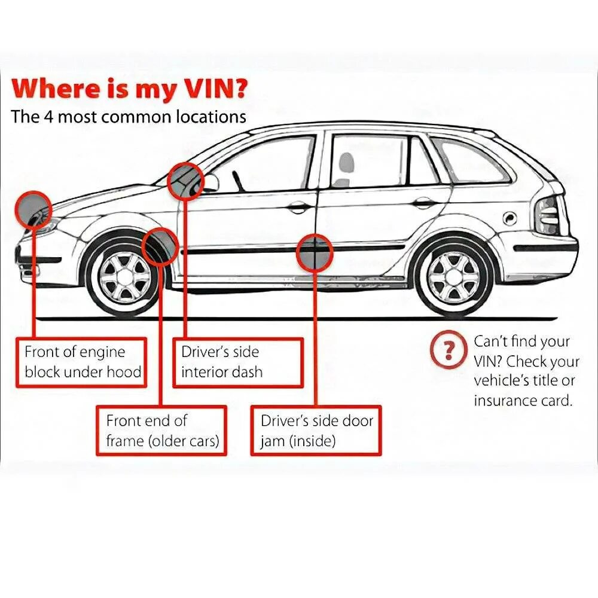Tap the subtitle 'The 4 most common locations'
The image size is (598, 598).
[128, 116]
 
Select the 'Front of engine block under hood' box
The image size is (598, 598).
[83, 362]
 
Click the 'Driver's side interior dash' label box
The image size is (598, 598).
[237, 362]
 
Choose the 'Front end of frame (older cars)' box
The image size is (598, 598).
[161, 431]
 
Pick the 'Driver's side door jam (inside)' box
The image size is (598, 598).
[316, 431]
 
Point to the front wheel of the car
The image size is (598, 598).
[124, 276]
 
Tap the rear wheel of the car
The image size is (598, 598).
[454, 276]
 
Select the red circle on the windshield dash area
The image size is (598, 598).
[185, 180]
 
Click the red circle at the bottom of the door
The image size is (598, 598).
[315, 253]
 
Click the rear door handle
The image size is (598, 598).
[425, 203]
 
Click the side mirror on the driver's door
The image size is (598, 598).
[212, 182]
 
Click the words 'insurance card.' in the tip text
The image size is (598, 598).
[523, 400]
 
